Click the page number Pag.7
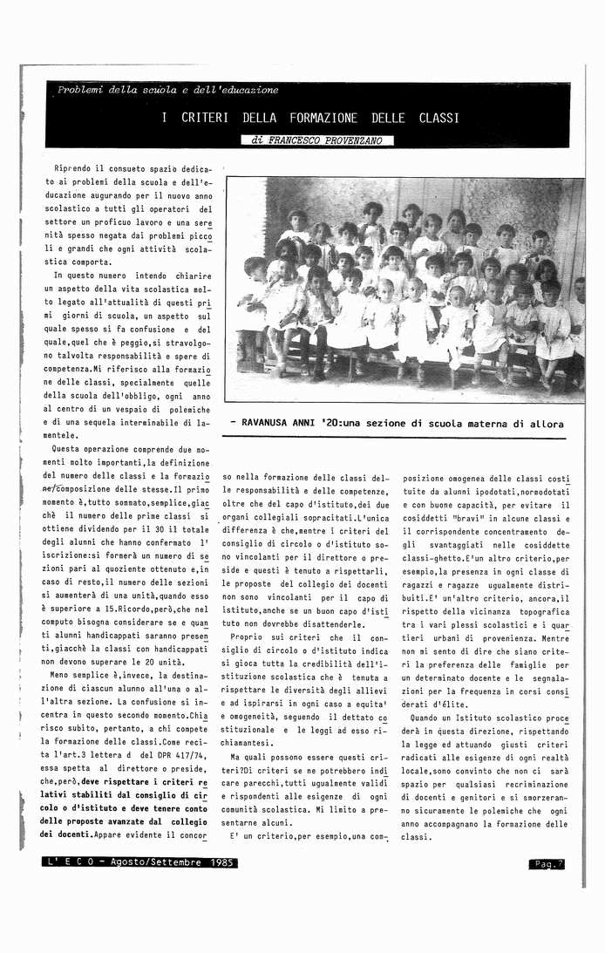(x=547, y=864)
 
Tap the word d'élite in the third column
(x=422, y=702)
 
